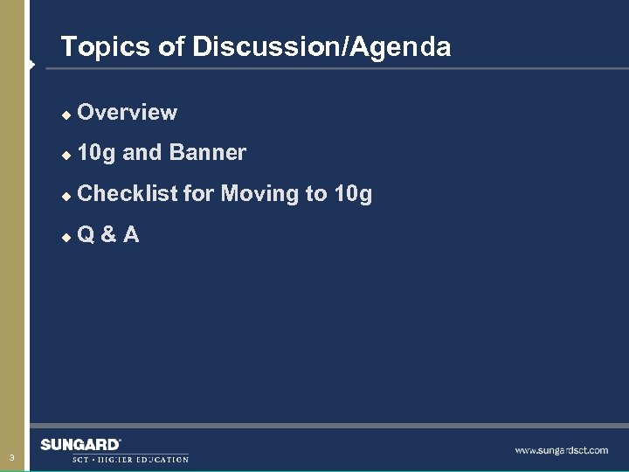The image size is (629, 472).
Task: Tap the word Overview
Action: click(x=128, y=113)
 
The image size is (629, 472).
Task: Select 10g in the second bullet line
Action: click(x=96, y=154)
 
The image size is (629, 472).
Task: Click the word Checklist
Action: click(x=128, y=193)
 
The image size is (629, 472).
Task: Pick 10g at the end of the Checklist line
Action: click(x=353, y=194)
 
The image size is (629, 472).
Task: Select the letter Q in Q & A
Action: click(x=86, y=234)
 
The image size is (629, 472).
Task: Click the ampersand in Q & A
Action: click(x=108, y=234)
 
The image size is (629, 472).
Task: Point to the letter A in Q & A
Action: click(x=130, y=234)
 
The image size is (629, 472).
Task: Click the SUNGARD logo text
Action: click(x=80, y=445)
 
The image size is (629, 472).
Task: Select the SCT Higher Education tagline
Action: click(x=130, y=459)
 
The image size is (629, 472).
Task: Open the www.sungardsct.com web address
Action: click(x=561, y=450)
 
